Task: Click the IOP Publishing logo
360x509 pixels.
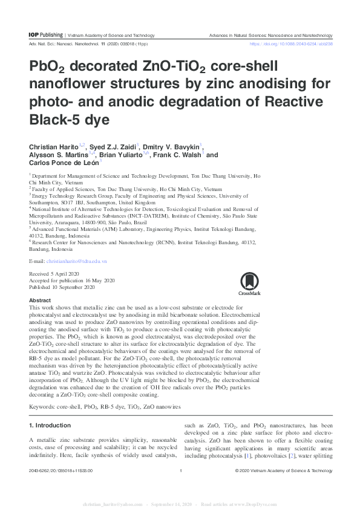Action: pos(45,36)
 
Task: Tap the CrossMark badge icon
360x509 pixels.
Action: pos(250,284)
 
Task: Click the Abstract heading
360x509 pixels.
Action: pos(40,300)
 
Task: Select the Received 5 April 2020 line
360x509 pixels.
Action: pos(56,274)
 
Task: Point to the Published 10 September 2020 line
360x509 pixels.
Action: pos(62,287)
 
